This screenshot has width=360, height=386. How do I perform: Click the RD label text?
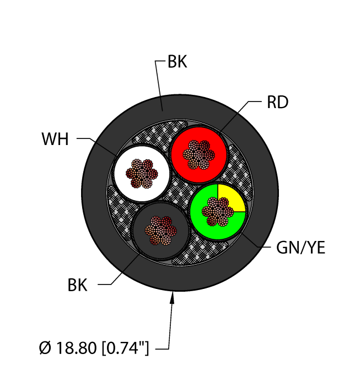[277, 103]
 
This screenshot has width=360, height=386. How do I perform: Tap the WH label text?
[55, 139]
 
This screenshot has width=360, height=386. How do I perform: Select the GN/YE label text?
[300, 249]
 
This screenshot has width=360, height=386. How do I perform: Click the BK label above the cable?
[177, 63]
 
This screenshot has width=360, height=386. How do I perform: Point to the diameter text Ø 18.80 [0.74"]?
[94, 349]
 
